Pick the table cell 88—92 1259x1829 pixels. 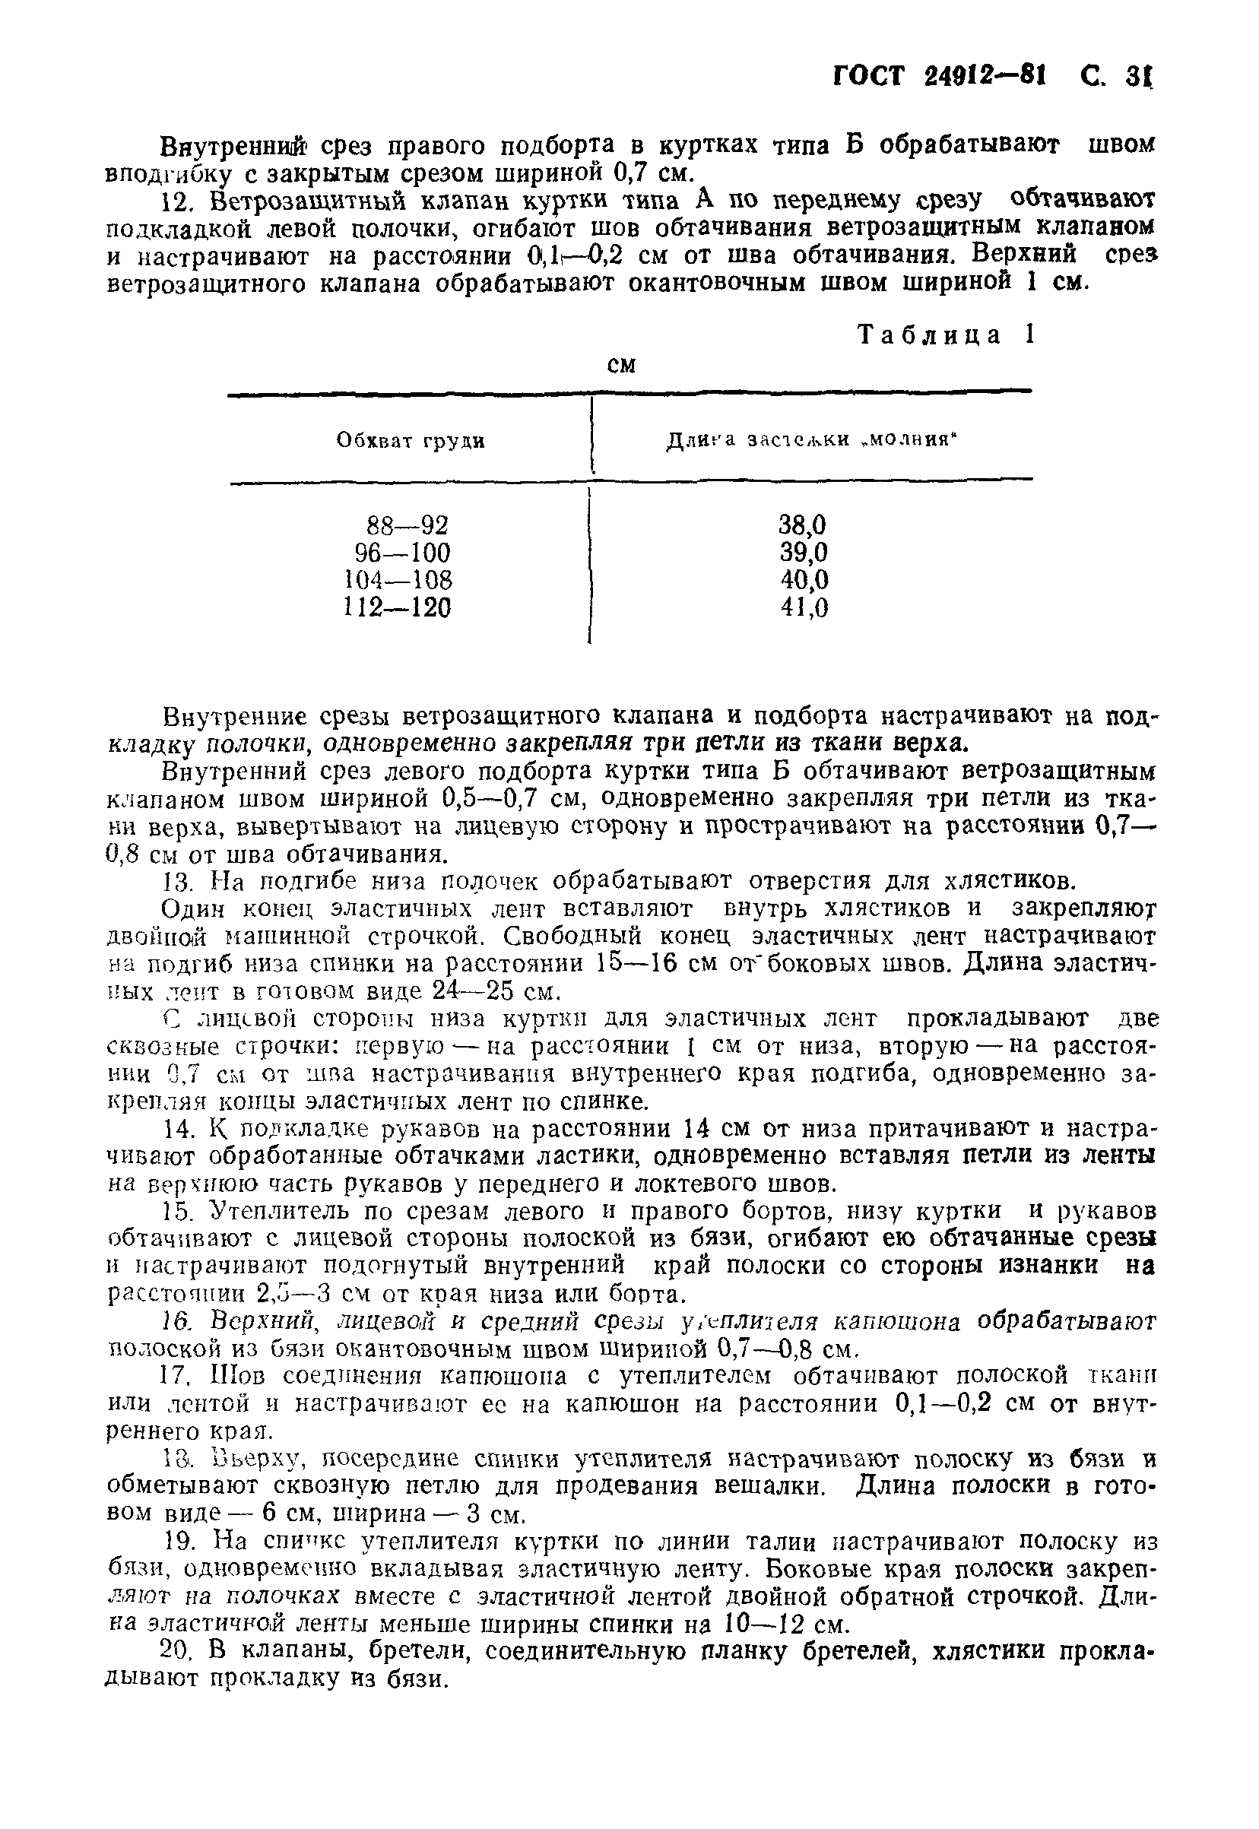pyautogui.click(x=408, y=525)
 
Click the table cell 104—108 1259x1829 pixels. pyautogui.click(x=399, y=581)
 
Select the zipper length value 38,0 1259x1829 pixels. pyautogui.click(x=803, y=525)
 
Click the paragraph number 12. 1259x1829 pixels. pyautogui.click(x=175, y=202)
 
